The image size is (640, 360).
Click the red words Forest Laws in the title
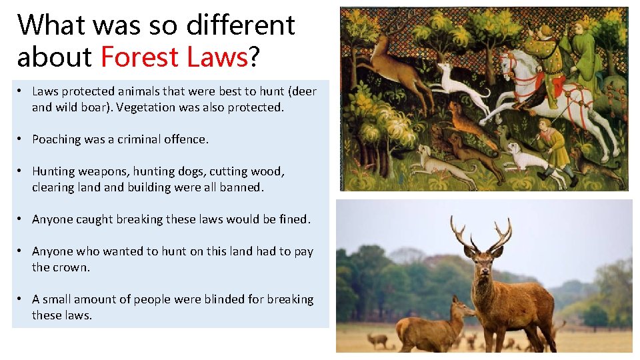click(174, 57)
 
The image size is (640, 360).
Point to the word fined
click(293, 219)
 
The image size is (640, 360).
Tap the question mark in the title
click(254, 57)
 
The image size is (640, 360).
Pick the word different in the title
click(240, 25)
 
